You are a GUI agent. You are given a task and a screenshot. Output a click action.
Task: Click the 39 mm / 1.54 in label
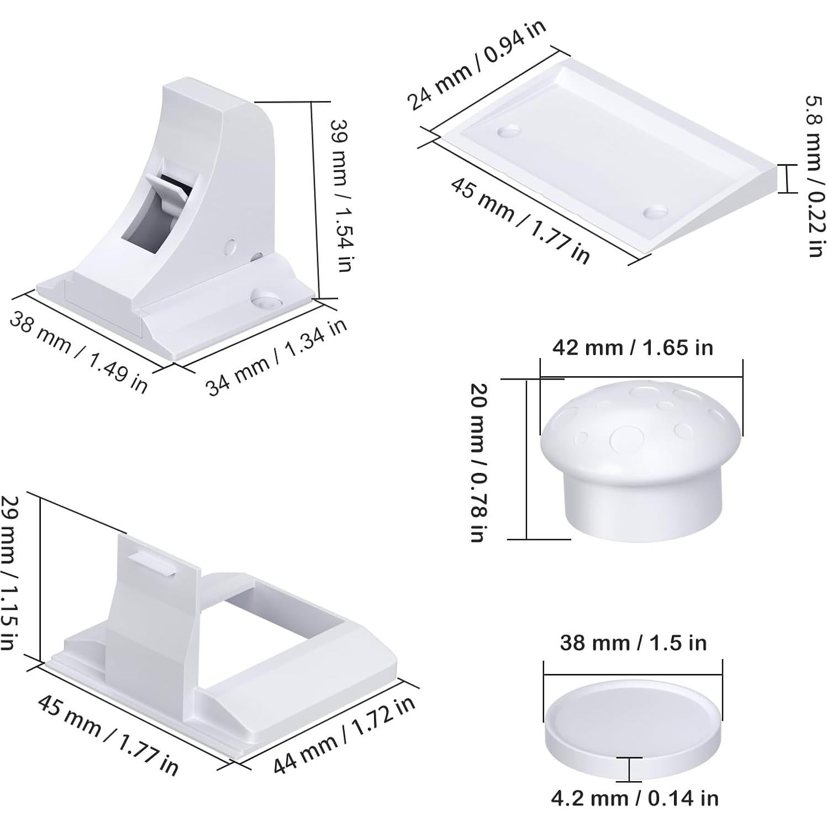[340, 195]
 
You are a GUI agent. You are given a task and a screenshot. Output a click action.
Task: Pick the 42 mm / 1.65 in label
[633, 347]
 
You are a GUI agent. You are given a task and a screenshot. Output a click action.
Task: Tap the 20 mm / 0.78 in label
[478, 462]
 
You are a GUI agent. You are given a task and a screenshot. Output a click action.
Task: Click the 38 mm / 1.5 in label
[633, 642]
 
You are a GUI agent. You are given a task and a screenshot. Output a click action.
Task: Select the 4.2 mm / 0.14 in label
[635, 798]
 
